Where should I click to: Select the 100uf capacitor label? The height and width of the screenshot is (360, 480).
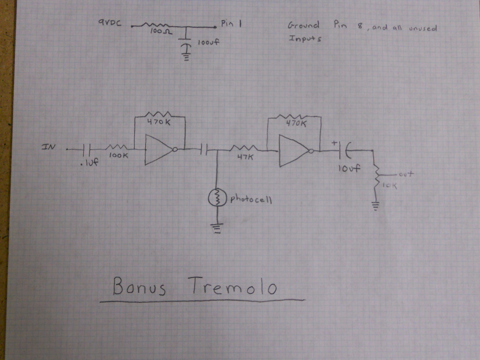[x=209, y=43]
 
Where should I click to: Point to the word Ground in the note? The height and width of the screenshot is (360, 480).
[x=303, y=25]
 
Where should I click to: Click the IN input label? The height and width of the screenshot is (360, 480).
[x=49, y=147]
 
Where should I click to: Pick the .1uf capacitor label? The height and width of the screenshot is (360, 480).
[x=88, y=164]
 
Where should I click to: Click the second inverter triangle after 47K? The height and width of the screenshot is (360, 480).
[x=292, y=151]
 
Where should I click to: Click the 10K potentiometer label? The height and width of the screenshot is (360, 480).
[x=389, y=186]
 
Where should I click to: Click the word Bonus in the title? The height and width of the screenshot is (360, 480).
[x=139, y=287]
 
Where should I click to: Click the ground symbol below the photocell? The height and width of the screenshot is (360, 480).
[x=217, y=228]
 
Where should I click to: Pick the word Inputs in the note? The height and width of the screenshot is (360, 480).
[x=305, y=39]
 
